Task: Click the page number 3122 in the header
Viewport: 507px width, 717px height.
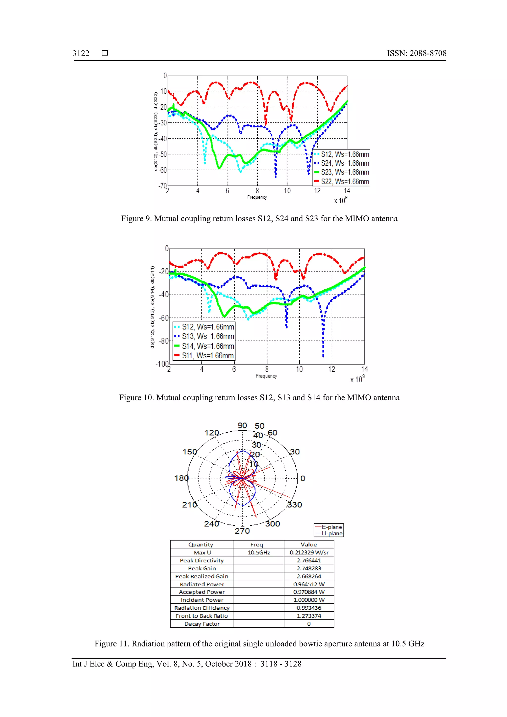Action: click(81, 53)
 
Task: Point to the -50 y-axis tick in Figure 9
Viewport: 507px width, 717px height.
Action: click(162, 154)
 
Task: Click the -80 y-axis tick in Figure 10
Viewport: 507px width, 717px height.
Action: click(163, 341)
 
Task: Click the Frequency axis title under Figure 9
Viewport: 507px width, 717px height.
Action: click(257, 197)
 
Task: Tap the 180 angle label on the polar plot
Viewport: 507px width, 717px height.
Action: click(181, 478)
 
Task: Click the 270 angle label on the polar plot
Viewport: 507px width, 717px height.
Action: click(242, 531)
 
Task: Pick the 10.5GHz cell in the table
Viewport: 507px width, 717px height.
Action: click(259, 552)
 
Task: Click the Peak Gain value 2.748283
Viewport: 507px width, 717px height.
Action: click(309, 568)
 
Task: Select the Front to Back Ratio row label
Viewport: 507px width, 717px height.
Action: click(202, 616)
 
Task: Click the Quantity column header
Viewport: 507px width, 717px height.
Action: click(201, 545)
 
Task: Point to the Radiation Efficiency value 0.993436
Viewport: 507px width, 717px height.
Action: click(309, 608)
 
